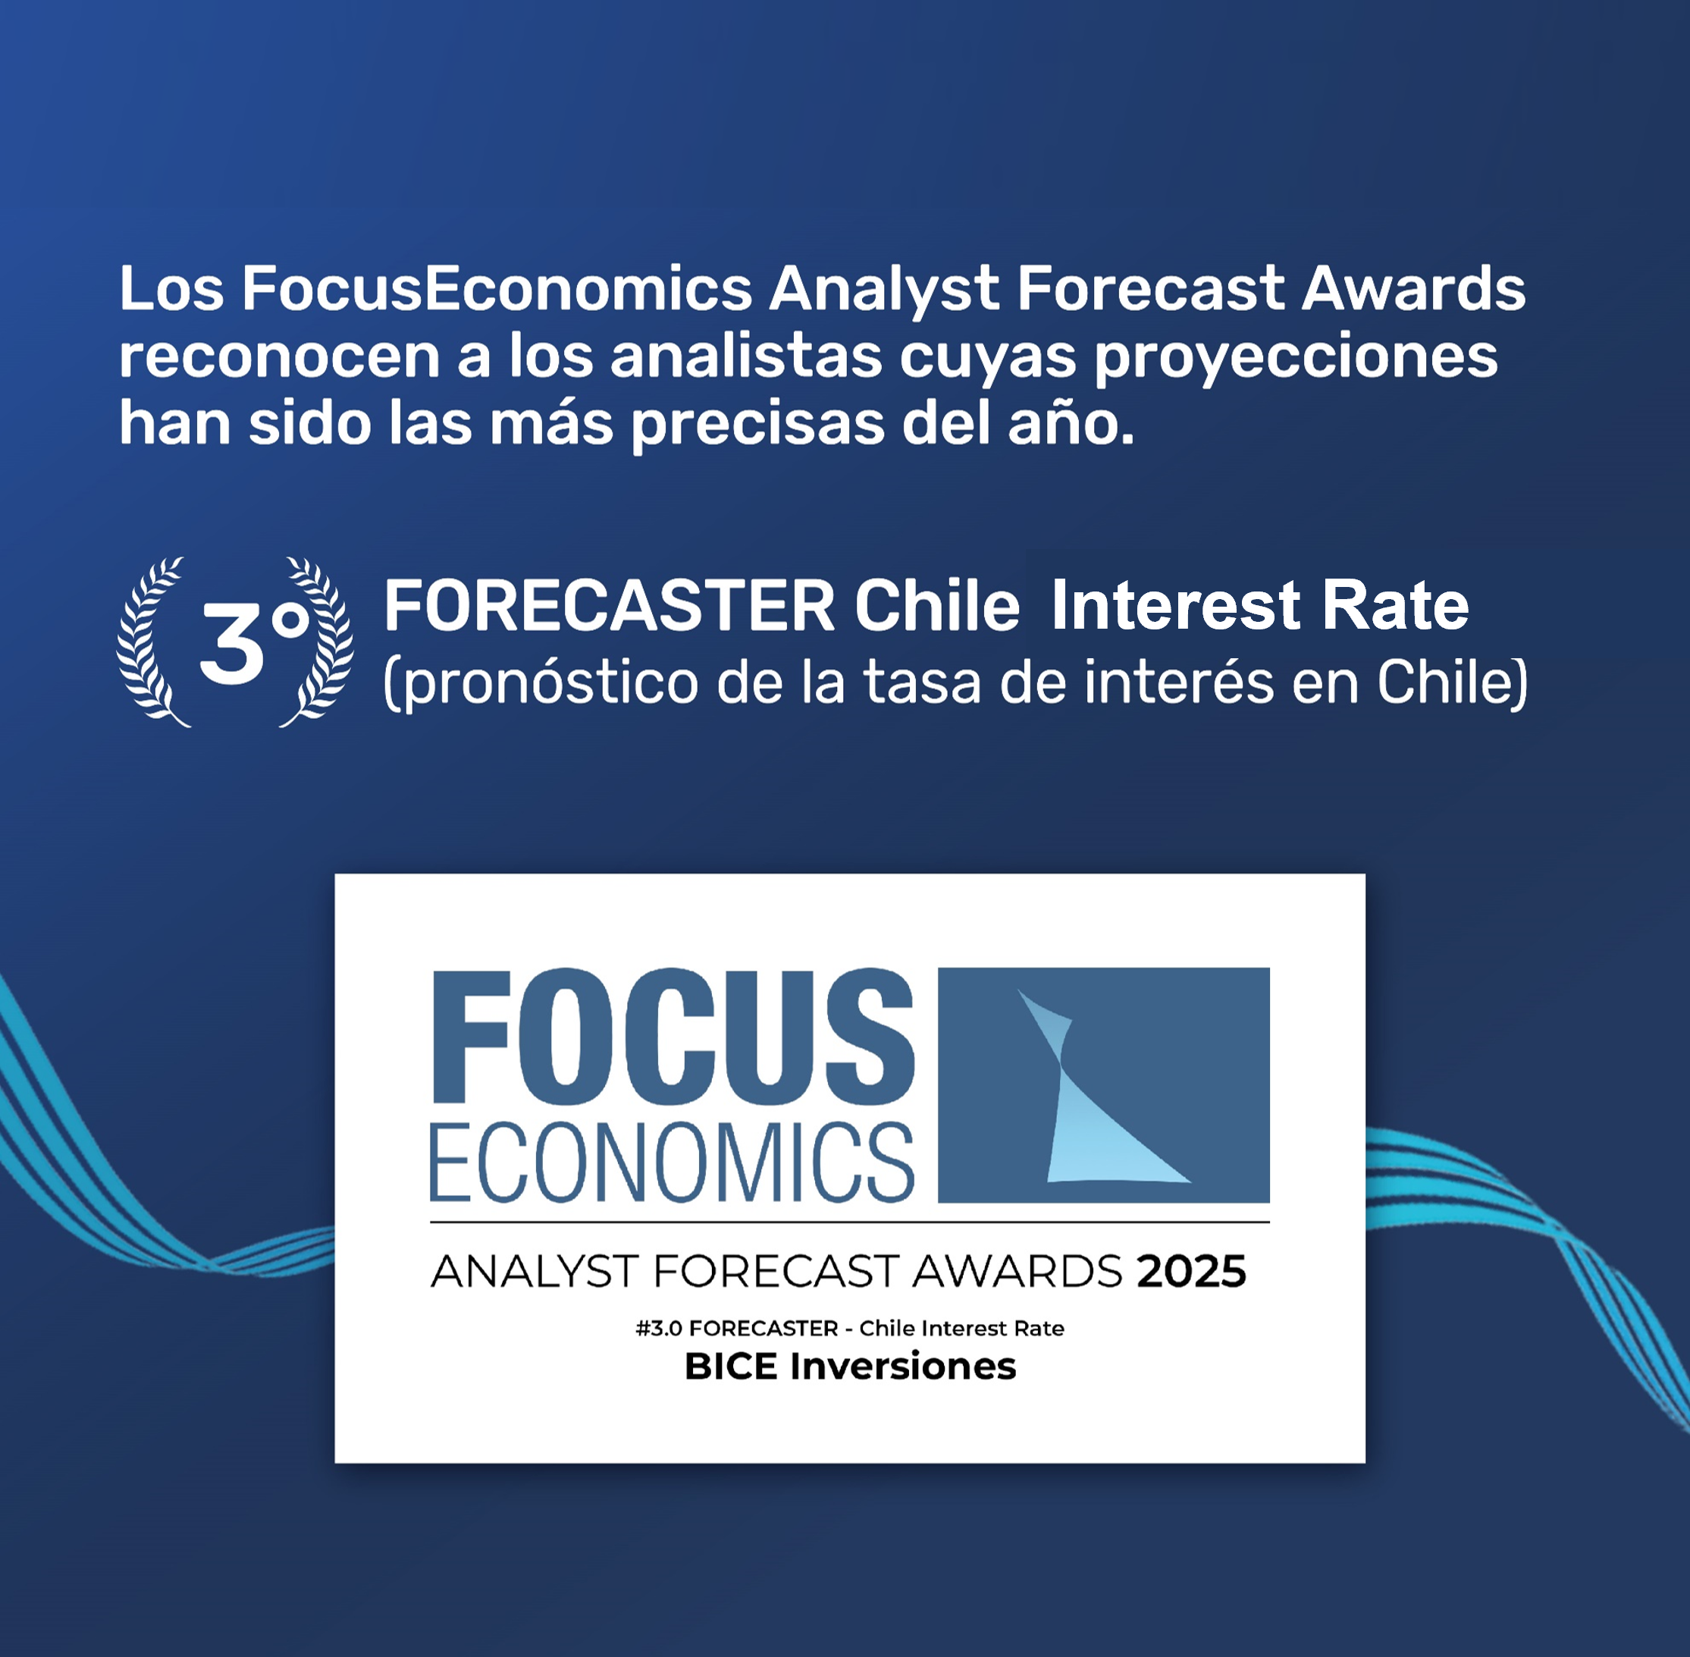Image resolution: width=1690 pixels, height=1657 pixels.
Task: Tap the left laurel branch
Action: click(153, 642)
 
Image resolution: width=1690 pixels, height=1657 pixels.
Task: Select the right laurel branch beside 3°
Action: click(317, 642)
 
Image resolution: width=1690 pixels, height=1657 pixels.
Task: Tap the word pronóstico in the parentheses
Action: click(541, 683)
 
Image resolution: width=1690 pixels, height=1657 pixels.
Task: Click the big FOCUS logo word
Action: click(673, 1037)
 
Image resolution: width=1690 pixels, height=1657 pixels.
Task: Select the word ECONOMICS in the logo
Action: click(672, 1162)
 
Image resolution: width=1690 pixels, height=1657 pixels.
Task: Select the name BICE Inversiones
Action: click(850, 1367)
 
